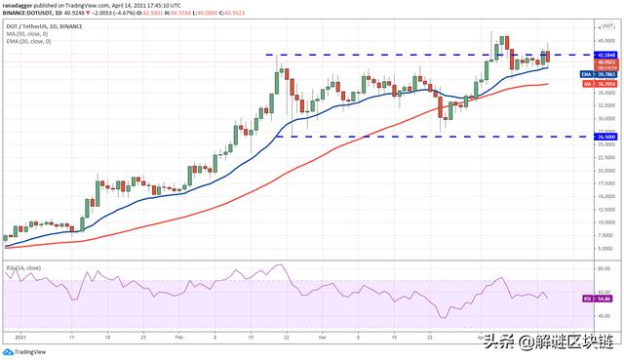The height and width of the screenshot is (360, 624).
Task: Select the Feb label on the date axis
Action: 178,337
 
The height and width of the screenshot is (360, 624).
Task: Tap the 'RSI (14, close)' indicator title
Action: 25,265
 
